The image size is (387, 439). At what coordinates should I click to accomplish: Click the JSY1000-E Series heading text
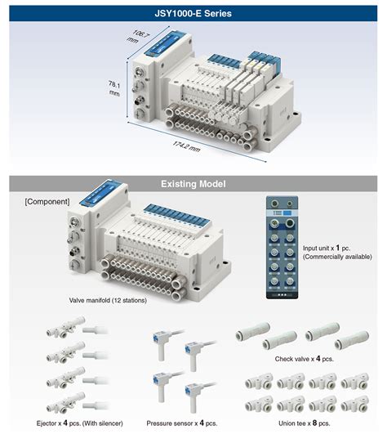tap(193, 13)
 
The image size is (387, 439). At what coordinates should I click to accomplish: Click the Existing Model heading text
tap(193, 185)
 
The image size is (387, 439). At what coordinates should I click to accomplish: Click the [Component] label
tap(47, 201)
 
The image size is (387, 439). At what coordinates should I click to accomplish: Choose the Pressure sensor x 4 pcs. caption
tap(181, 423)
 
